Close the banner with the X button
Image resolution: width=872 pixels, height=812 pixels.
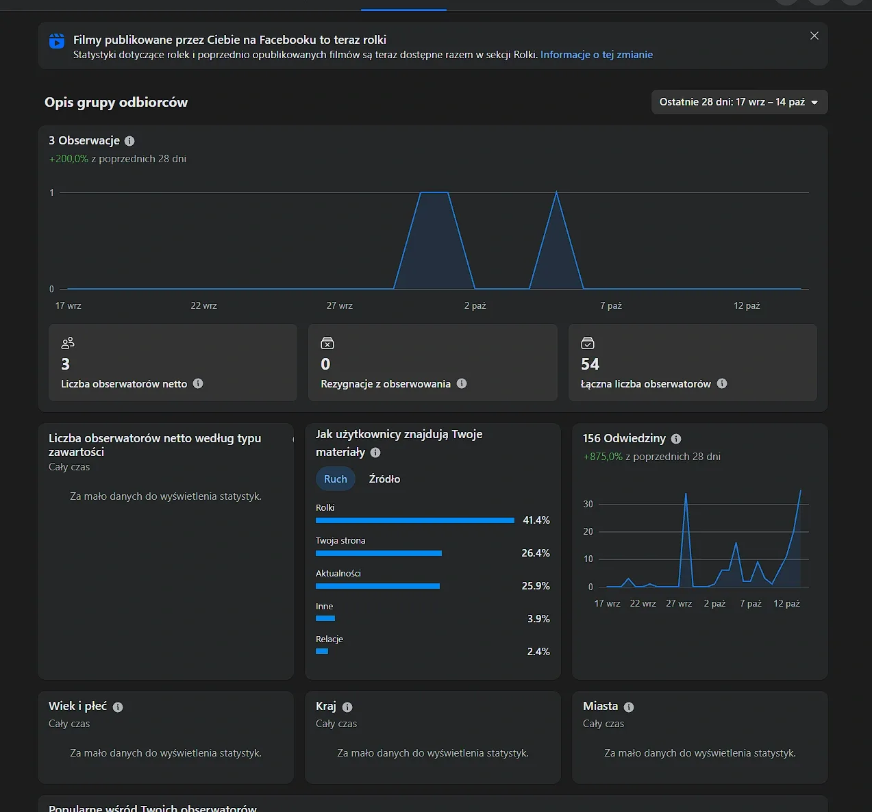[814, 36]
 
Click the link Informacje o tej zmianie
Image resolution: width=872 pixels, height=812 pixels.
[596, 54]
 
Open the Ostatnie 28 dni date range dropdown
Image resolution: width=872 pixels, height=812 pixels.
[739, 102]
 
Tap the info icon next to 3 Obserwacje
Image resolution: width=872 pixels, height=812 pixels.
[129, 141]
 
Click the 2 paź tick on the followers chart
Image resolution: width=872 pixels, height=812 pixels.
[475, 305]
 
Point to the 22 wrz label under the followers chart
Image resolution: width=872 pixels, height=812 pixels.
[203, 305]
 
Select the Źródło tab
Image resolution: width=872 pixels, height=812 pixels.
[384, 479]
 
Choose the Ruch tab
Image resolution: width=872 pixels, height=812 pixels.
[336, 479]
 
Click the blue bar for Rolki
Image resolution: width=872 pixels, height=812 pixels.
[415, 520]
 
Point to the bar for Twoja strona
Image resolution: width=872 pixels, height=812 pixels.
[379, 553]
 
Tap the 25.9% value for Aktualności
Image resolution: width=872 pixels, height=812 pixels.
[535, 585]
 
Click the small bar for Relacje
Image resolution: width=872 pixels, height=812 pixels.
[322, 651]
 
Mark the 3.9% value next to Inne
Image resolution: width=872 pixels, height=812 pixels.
[538, 618]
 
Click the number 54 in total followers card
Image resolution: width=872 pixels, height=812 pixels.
[590, 364]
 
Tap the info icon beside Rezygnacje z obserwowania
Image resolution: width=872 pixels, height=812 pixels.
[462, 383]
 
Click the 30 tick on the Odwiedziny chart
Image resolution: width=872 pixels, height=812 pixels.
[588, 504]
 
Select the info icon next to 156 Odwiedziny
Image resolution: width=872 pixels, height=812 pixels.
[675, 438]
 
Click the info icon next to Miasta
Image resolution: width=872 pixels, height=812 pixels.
[628, 707]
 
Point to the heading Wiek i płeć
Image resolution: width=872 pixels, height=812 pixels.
[77, 706]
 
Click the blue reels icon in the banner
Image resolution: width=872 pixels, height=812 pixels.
[57, 41]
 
